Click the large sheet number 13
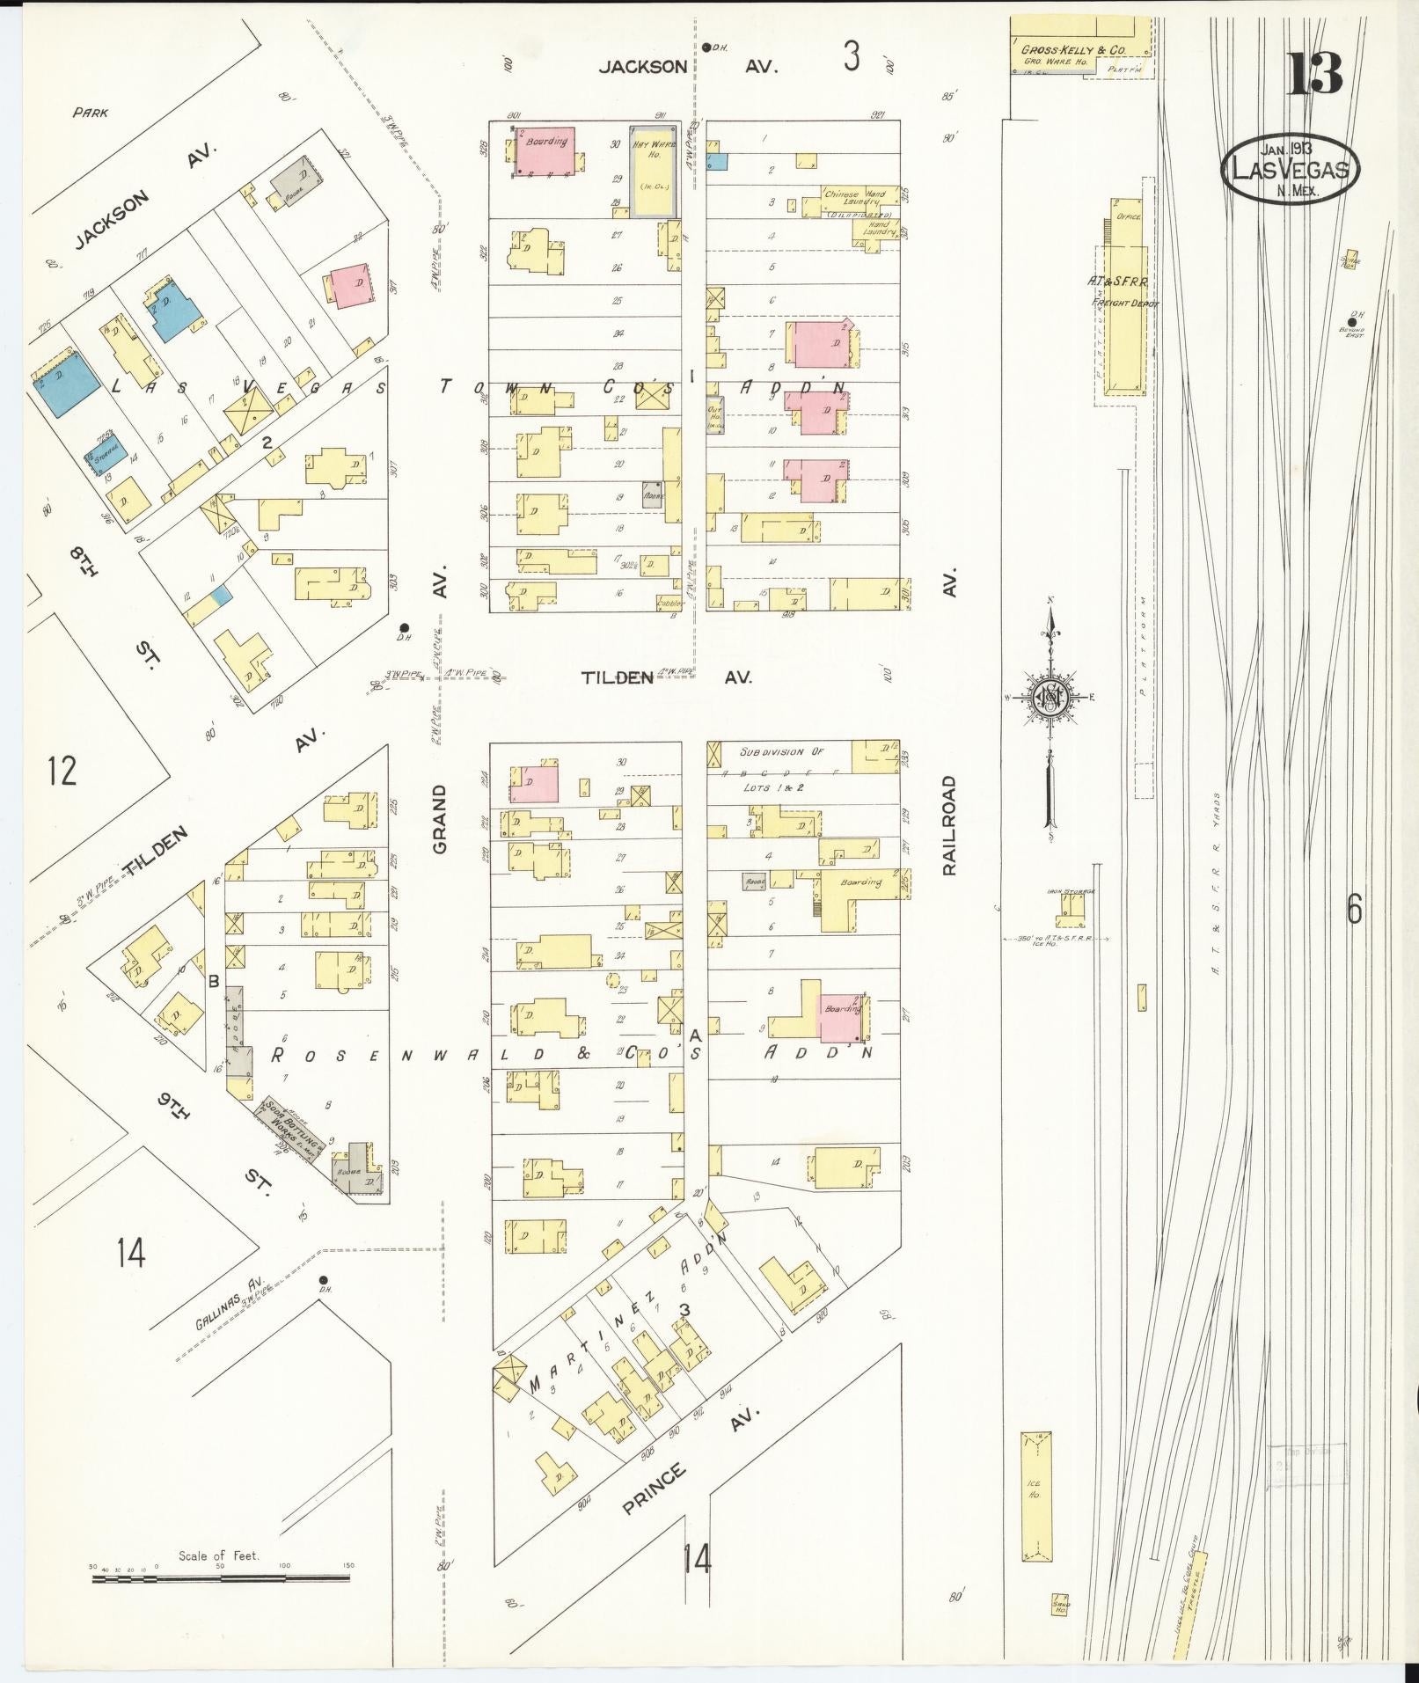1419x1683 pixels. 1315,74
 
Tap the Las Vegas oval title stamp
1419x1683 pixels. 1291,170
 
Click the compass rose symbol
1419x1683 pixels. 1050,698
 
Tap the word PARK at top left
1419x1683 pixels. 91,113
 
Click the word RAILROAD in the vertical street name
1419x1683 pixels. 948,825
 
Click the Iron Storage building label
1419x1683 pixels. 1071,891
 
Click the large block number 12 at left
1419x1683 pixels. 62,771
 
